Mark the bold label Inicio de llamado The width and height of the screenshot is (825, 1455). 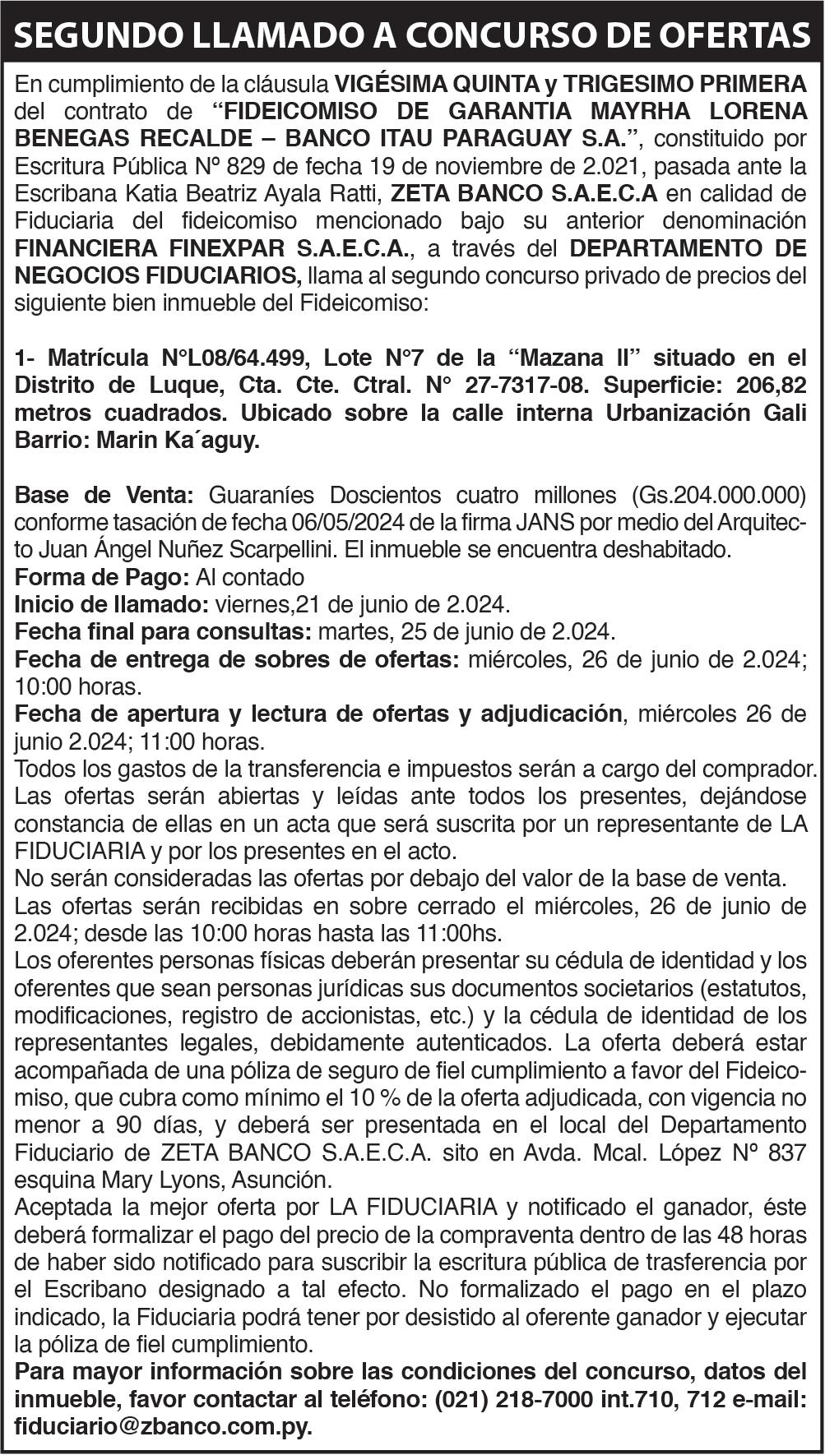(x=111, y=606)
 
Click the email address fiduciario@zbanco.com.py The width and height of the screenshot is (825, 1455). (x=163, y=1427)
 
